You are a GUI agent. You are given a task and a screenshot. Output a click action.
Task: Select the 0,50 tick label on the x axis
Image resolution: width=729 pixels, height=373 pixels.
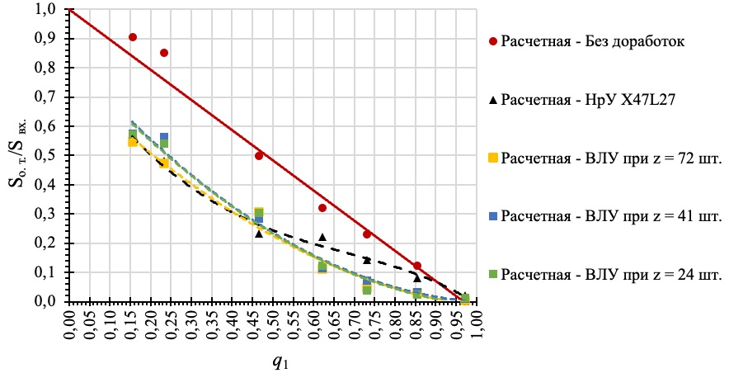pos(275,323)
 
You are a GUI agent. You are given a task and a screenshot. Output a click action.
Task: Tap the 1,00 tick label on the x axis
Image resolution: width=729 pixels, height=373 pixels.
pos(478,323)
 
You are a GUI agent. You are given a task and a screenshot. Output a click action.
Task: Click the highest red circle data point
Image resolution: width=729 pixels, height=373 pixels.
pos(133,37)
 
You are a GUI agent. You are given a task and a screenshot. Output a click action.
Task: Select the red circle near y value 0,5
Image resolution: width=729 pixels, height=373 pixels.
pos(259,155)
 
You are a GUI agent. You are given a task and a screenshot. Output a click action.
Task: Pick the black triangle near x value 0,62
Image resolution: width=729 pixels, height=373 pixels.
pos(322,238)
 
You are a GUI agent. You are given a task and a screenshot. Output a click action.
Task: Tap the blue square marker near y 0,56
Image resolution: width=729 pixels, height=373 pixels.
pos(164,137)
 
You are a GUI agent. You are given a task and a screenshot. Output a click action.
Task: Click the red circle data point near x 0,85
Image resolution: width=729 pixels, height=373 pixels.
pos(417,266)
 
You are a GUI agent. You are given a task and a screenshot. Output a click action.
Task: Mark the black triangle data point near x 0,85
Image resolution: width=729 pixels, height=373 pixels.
pos(417,278)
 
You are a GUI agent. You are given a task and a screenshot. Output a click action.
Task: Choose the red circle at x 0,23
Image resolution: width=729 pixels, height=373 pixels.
pos(164,53)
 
